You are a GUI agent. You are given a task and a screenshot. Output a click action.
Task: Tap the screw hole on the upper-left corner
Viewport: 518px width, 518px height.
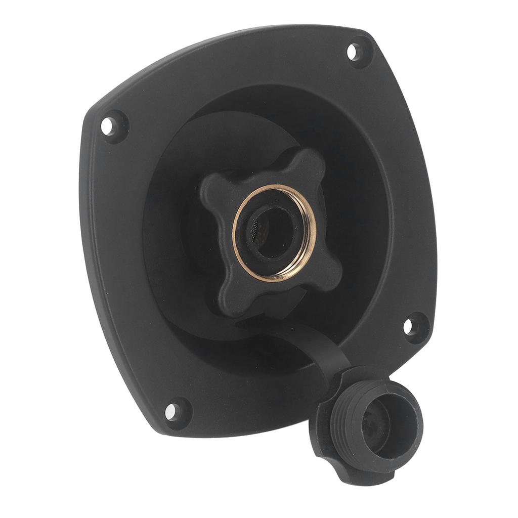tap(108, 125)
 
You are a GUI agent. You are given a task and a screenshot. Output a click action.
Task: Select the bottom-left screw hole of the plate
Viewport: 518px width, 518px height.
tap(171, 411)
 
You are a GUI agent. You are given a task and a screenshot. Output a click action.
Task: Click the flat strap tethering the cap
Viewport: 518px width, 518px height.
tap(324, 349)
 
